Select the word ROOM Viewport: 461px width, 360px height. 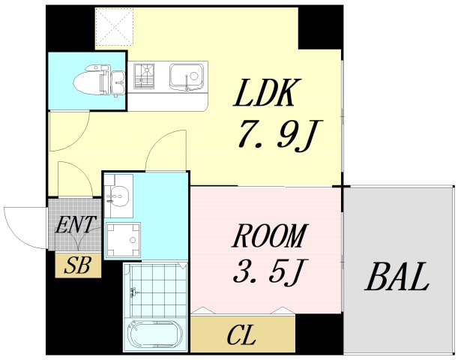click(269, 237)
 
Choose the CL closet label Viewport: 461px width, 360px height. click(241, 335)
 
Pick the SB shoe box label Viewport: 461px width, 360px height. click(77, 265)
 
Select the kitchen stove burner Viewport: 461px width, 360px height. click(145, 76)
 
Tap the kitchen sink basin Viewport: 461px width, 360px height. click(184, 76)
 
